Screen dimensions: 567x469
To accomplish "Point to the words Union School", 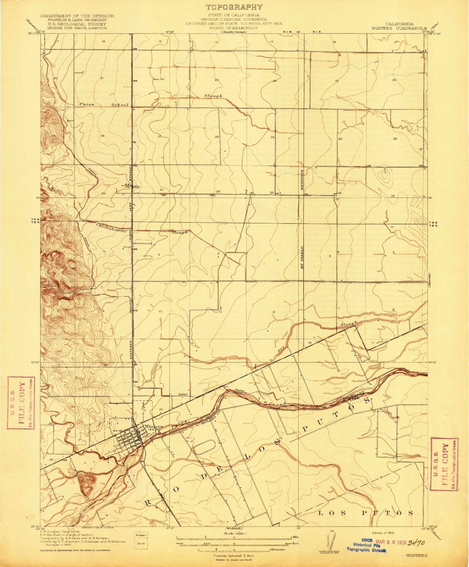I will click(x=104, y=105).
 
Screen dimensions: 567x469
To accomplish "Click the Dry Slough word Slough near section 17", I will click(x=349, y=323).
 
